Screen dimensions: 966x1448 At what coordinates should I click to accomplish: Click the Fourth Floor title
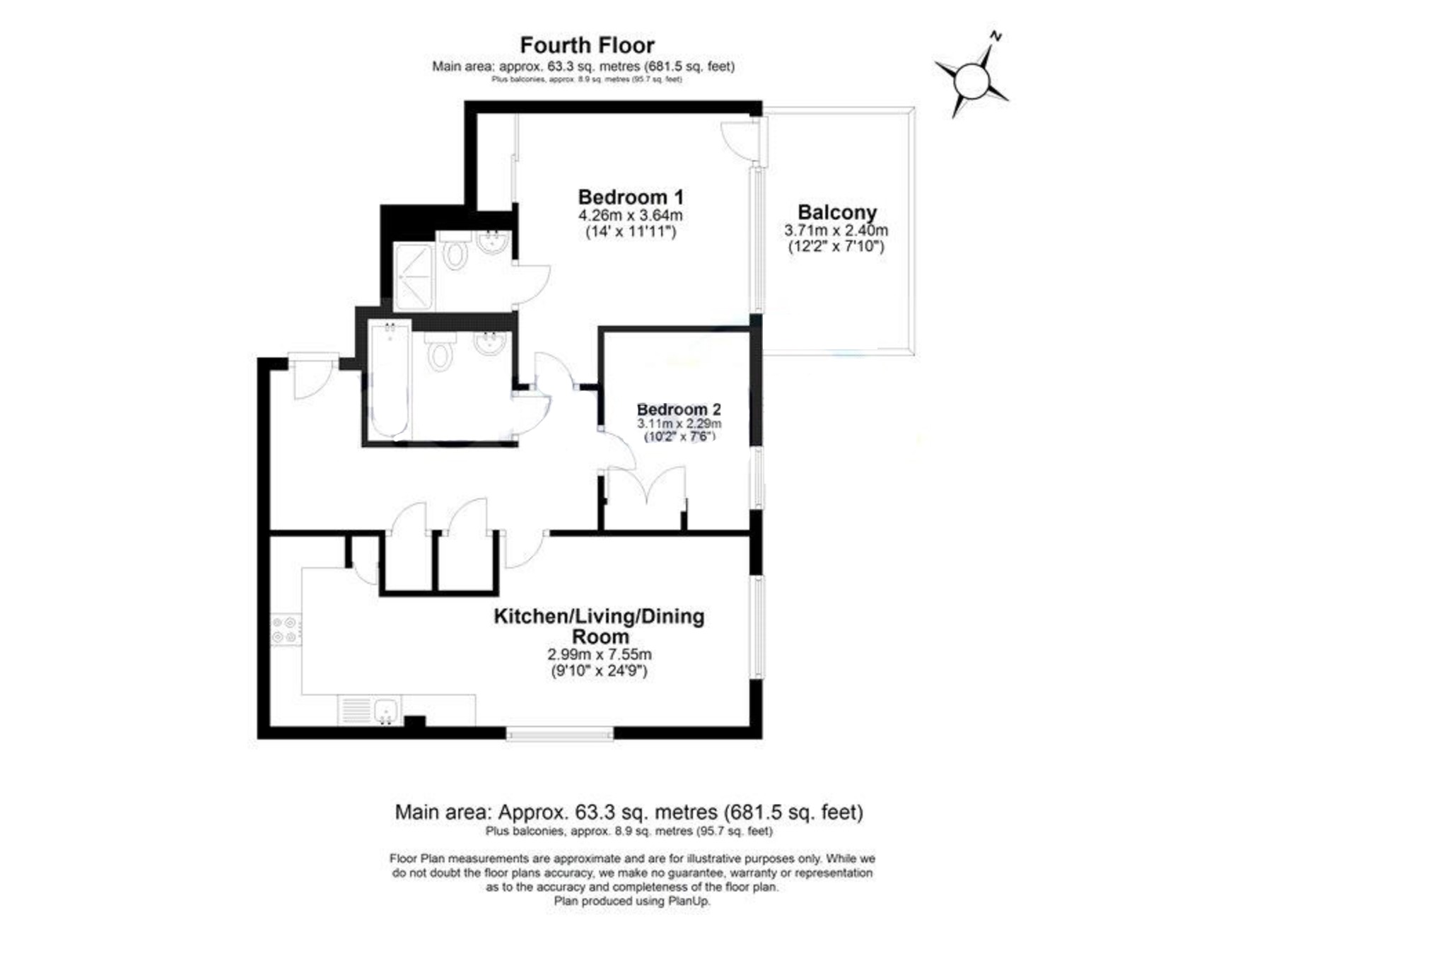[587, 45]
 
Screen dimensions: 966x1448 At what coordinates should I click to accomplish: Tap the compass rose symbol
[971, 81]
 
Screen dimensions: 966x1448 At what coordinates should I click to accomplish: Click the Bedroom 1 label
[630, 197]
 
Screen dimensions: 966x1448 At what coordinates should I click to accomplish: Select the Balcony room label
[836, 212]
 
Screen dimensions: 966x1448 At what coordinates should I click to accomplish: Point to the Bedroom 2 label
[678, 409]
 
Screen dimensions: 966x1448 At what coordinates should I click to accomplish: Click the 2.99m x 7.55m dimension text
[600, 654]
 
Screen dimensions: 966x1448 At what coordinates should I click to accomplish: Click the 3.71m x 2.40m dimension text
[836, 231]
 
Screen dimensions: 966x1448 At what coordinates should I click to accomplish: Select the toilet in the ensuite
[455, 253]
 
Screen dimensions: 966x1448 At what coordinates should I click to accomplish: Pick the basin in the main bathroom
[489, 344]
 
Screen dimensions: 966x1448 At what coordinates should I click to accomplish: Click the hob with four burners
[286, 629]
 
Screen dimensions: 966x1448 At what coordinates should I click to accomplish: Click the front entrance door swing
[311, 376]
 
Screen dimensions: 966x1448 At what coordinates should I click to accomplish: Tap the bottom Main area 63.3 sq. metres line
[628, 812]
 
